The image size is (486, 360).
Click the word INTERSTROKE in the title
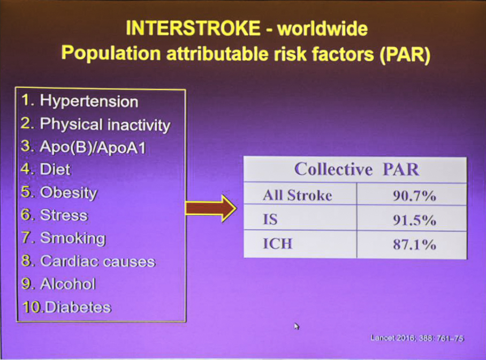[193, 28]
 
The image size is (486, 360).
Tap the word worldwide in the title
[323, 28]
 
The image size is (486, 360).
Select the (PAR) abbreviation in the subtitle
[405, 55]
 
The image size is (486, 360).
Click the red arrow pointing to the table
[211, 208]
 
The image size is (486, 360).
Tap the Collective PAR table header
[356, 169]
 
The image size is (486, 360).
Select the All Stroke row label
[298, 196]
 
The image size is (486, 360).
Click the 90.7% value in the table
[414, 196]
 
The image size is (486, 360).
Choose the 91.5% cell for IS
[414, 220]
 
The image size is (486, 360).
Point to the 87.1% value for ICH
[414, 244]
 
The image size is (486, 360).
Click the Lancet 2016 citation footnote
[417, 338]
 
